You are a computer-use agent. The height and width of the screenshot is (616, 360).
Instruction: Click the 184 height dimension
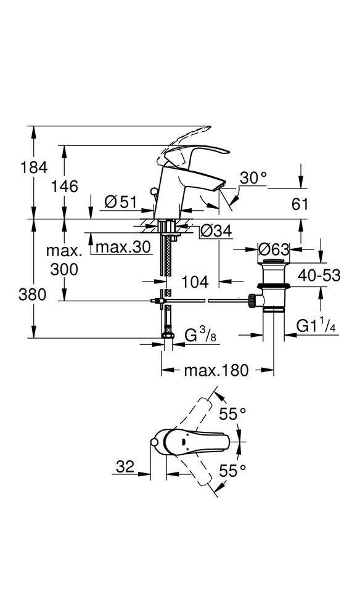coord(34,168)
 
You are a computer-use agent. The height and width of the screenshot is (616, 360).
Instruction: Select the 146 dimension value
coord(65,186)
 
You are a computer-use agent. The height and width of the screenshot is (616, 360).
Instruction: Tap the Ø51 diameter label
coord(120,202)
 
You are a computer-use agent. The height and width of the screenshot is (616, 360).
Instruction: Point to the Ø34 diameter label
coord(216,231)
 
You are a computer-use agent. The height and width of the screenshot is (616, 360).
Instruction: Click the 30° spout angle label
coord(253,179)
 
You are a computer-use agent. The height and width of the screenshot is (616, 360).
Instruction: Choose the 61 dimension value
coord(300,205)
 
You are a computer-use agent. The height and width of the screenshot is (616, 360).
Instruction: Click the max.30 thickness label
coord(123,247)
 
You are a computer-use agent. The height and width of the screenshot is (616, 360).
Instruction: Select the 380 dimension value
coord(32,294)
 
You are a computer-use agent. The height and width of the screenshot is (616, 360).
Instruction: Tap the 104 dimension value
coord(195,282)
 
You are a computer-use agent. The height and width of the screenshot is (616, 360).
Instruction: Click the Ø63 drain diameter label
coord(274,249)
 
